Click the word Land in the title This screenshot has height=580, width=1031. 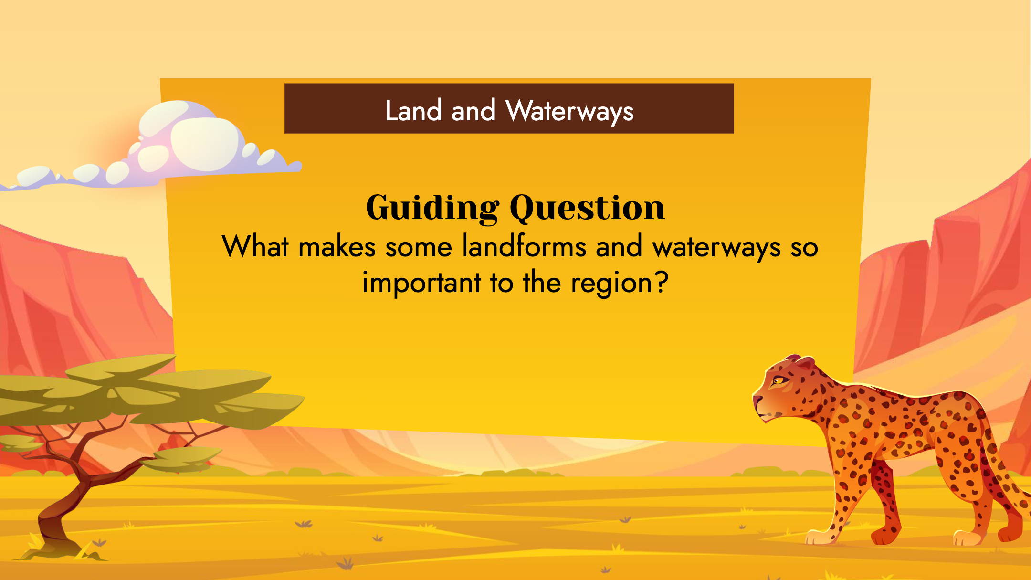point(413,111)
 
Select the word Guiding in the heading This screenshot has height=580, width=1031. point(432,208)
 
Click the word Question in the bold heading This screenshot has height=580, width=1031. point(588,208)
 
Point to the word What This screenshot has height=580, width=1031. point(255,247)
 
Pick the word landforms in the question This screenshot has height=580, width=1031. point(525,247)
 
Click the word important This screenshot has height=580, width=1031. point(422,283)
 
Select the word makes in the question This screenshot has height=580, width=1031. point(337,247)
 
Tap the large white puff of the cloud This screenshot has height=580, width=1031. point(205,144)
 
